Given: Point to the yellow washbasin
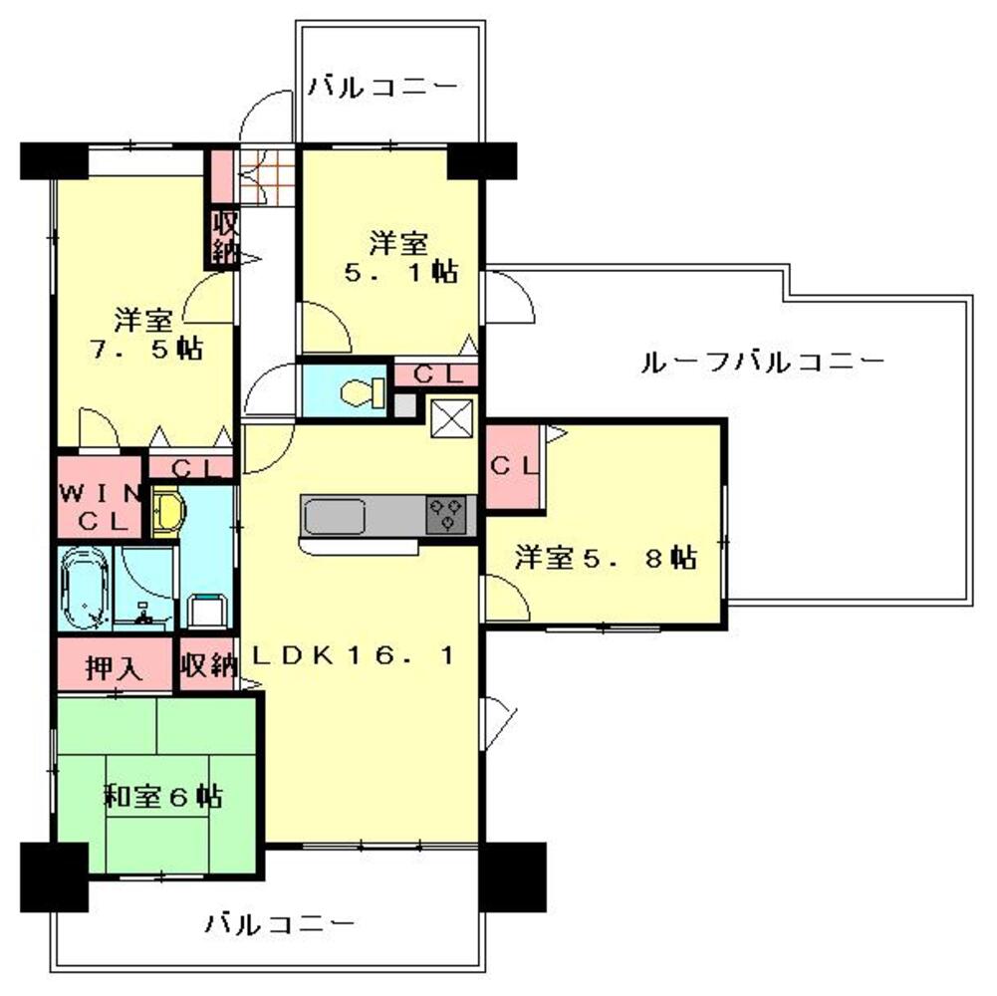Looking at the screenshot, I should click(x=167, y=511).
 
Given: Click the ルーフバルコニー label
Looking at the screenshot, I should click(x=761, y=363).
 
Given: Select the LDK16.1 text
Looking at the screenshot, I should click(x=354, y=656).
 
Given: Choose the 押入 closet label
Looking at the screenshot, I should click(x=113, y=668).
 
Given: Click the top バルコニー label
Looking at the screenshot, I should click(x=382, y=88).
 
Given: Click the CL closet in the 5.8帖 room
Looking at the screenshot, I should click(x=513, y=465).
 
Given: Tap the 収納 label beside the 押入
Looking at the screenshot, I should click(x=208, y=667).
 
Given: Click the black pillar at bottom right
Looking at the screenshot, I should click(x=512, y=876).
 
